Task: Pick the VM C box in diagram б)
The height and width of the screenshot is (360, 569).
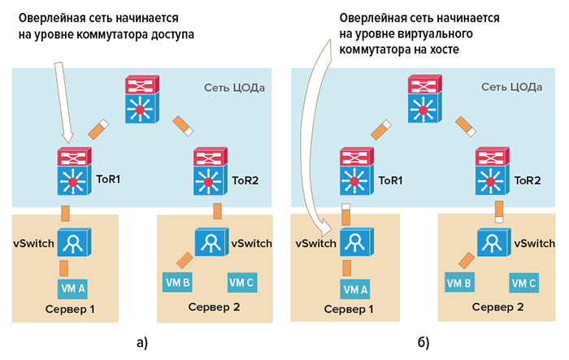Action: (x=523, y=283)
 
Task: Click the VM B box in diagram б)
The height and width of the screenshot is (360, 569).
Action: (x=459, y=283)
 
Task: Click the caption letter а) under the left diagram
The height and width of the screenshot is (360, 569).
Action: (x=140, y=339)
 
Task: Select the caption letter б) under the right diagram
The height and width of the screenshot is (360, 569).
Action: (x=423, y=339)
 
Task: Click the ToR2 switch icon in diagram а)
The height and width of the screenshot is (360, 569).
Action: (x=211, y=170)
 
